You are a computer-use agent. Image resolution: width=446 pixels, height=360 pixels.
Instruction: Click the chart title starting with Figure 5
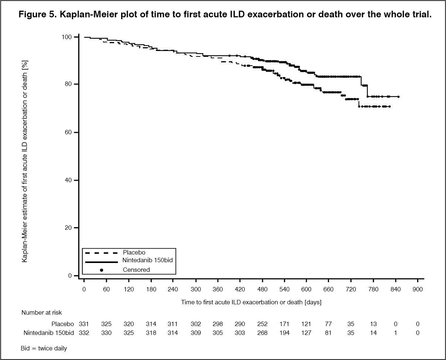(223, 15)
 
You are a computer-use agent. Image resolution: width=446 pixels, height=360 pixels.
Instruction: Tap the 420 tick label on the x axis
(240, 290)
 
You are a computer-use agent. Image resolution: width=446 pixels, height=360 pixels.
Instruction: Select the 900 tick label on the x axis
(418, 290)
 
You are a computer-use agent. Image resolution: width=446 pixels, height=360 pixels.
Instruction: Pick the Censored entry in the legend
(136, 270)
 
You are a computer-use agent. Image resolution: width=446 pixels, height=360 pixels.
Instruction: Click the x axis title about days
(251, 302)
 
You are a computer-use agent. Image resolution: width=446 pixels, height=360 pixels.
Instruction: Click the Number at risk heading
(42, 313)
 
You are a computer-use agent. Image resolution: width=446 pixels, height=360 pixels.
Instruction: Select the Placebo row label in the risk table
(63, 324)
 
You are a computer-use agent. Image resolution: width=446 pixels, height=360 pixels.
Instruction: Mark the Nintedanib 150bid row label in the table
(49, 333)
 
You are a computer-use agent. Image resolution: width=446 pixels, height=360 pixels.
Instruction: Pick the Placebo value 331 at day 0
(84, 324)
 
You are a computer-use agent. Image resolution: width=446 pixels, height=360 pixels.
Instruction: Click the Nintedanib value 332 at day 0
(84, 333)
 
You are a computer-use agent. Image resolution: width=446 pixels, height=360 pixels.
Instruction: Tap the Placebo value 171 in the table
(284, 324)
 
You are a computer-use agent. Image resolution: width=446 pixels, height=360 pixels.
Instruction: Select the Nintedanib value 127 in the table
(306, 333)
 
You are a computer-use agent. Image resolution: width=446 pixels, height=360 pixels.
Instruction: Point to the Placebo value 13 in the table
(373, 324)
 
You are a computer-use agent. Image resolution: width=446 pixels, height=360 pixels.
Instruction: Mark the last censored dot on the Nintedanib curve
(398, 97)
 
